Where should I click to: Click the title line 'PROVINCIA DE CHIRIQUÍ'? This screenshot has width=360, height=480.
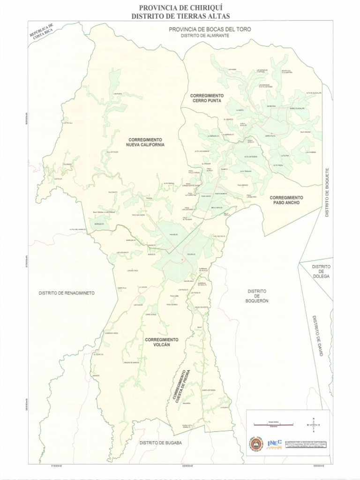coord(180,8)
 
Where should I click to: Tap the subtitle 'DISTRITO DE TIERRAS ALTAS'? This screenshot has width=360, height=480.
coord(180,16)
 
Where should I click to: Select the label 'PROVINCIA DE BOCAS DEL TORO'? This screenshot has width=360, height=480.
coord(210,29)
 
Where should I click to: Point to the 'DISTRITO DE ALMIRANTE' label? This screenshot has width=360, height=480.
coord(206,36)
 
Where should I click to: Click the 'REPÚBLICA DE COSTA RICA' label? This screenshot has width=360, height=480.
coord(42,34)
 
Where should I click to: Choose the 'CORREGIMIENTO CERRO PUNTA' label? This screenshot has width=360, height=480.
coord(207,97)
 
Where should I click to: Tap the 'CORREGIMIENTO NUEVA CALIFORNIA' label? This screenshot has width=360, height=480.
coord(145,142)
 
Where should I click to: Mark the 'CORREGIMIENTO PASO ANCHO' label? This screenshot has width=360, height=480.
coord(286,200)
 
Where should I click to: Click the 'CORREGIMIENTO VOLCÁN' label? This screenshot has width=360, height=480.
coord(161,342)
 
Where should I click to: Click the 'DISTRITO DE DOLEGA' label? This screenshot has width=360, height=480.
coord(321,271)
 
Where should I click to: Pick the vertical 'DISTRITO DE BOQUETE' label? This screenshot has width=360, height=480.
coord(328,192)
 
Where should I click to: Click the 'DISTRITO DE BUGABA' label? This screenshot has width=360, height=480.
coord(160,442)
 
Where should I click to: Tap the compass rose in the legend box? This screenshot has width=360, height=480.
coord(313,425)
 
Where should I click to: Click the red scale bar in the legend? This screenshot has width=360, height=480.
coord(273,425)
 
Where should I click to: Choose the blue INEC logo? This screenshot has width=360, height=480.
coord(274,443)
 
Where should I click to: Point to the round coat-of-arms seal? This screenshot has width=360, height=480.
coord(256,443)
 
